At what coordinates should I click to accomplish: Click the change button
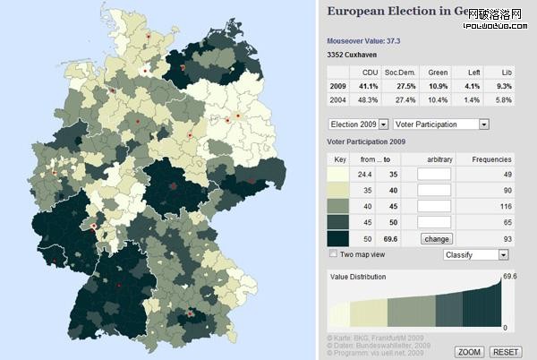click(436, 239)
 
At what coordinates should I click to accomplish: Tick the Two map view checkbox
click(333, 254)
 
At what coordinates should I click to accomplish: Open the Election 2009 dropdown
click(358, 124)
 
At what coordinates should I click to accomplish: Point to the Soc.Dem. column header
click(400, 71)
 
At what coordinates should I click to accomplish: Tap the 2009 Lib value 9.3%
click(507, 85)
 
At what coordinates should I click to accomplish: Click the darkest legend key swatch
click(339, 238)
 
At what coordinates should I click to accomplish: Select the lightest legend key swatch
click(339, 173)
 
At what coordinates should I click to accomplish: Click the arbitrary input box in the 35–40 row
click(436, 189)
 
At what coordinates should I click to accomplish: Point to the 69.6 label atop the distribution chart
click(510, 277)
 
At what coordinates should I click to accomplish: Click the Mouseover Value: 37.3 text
click(363, 41)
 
